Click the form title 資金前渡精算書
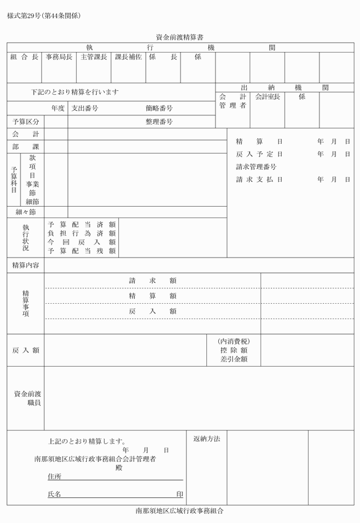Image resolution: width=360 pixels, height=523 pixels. point(180,36)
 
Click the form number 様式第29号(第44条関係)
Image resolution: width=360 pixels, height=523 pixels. point(44,15)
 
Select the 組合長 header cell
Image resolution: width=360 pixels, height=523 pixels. point(24,57)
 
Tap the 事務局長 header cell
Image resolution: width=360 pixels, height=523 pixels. point(59,57)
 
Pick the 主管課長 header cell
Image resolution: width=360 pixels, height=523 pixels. point(94,57)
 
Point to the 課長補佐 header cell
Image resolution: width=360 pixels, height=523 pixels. point(129,57)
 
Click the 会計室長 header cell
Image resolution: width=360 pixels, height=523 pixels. point(267,97)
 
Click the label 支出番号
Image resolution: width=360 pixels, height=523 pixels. point(85,108)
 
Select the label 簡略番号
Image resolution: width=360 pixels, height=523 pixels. point(159,108)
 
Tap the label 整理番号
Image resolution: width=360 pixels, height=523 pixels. point(159,122)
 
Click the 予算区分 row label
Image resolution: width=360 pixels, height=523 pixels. point(26,122)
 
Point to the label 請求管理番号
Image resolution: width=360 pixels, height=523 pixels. point(257,167)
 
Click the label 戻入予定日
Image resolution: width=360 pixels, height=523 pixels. point(259,154)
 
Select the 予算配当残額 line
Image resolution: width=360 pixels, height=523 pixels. point(82,251)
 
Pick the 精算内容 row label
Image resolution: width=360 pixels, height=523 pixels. point(26,265)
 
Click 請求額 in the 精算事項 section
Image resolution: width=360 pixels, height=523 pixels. point(153,280)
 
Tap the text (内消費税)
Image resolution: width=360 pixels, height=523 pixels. point(234,341)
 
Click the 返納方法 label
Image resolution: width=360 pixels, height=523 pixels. point(206,438)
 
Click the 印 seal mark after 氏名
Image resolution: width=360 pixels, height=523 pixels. point(179,494)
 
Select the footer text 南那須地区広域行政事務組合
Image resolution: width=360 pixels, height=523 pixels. point(180,511)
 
